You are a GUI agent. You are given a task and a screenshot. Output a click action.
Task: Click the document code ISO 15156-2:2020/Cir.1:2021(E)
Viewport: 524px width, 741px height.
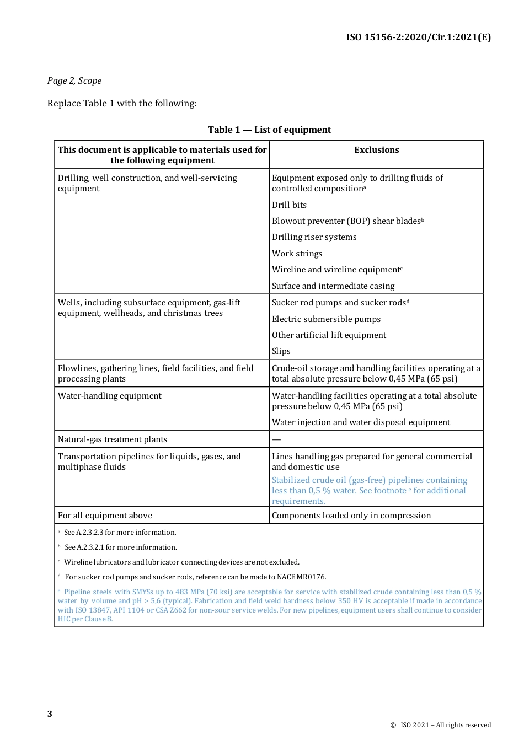tap(418, 37)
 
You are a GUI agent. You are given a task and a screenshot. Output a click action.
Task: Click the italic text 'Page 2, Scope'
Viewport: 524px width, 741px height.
tap(74, 80)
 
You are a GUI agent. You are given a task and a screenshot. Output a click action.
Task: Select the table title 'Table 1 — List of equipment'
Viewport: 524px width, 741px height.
tap(269, 130)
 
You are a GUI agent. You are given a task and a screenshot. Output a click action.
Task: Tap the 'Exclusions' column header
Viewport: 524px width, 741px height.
tap(376, 150)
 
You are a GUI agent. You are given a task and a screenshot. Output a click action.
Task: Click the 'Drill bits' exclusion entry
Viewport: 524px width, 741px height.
tap(289, 205)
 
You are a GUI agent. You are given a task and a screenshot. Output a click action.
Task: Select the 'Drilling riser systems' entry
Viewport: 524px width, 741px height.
tap(314, 237)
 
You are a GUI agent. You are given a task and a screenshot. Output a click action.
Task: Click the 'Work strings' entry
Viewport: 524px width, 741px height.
tap(297, 254)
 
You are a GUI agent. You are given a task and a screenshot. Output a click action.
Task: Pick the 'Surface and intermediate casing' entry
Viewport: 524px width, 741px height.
tap(333, 286)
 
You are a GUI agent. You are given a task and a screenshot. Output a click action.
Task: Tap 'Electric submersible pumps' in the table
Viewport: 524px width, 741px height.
tap(326, 319)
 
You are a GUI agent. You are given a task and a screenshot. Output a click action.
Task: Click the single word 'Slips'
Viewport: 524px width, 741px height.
tap(281, 351)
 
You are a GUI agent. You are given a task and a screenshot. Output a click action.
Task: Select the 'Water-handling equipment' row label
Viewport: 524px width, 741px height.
tap(110, 396)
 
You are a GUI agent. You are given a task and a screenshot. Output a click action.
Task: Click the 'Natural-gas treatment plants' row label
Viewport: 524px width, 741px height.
tap(113, 439)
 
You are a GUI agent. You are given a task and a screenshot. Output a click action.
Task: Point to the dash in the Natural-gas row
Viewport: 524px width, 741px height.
tap(276, 439)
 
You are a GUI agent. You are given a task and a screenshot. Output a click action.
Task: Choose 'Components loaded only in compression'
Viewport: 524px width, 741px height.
tap(351, 516)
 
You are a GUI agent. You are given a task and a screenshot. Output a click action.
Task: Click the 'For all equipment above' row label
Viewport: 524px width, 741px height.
tap(105, 516)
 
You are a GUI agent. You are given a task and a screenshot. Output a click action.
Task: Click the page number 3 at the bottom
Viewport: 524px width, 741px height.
tap(50, 714)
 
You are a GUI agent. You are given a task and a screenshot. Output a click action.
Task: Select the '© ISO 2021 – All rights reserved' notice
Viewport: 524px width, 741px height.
tap(440, 725)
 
